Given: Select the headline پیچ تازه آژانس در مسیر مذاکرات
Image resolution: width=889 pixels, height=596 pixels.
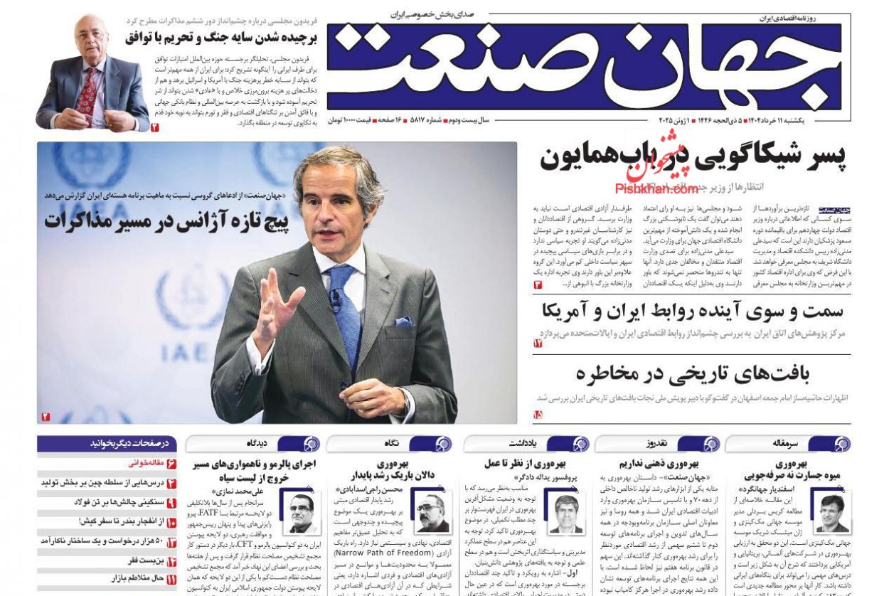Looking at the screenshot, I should tap(166, 222).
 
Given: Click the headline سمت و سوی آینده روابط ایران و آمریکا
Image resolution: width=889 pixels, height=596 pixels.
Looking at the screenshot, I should tap(693, 310).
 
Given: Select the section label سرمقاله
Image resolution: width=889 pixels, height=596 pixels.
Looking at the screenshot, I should tap(785, 444).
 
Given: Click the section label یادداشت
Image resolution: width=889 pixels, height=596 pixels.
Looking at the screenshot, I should tap(521, 444).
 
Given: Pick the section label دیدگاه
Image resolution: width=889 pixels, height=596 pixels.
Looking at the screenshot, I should tap(257, 444).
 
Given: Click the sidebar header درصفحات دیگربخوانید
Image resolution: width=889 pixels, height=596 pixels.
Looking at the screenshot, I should tap(129, 444).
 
